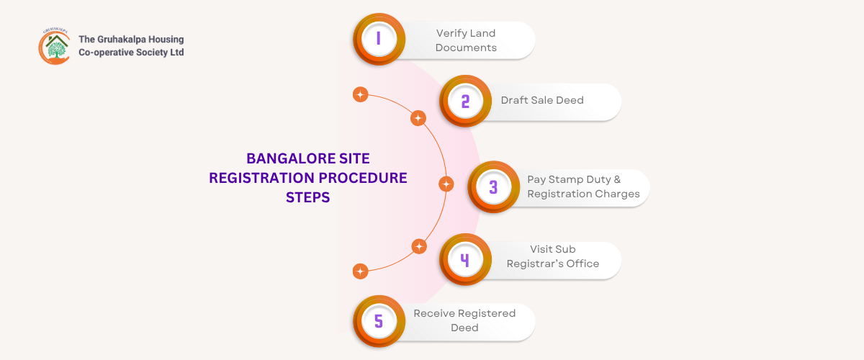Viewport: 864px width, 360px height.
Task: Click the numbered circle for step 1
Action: pos(378,39)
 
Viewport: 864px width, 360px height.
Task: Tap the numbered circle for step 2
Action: pos(465,101)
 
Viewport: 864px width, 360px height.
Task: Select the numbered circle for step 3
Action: pos(493,187)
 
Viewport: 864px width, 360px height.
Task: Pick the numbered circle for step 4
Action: pos(465,260)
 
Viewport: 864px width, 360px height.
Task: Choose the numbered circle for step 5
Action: pos(378,321)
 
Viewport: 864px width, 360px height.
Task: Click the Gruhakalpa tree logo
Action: pos(55,45)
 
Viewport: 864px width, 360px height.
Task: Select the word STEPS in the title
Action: pos(307,197)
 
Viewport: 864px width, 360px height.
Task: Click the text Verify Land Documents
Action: pos(466,40)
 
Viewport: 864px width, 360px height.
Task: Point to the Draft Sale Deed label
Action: pos(542,100)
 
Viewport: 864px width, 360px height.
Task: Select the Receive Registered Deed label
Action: pos(464,320)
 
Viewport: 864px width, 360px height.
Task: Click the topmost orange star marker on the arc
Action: pos(360,95)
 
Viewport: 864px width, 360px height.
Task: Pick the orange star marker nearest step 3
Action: pos(446,184)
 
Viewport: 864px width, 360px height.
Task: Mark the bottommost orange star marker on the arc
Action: pos(360,271)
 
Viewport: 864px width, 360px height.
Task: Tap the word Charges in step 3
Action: pos(618,194)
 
